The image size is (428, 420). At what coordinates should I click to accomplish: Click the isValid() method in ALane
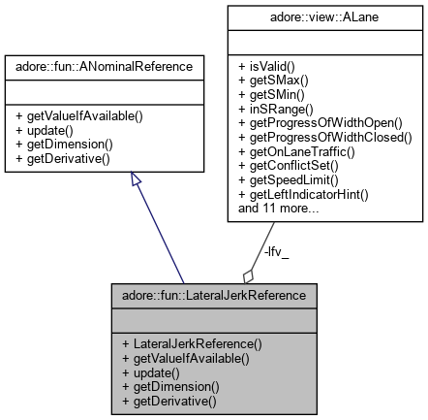click(266, 60)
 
